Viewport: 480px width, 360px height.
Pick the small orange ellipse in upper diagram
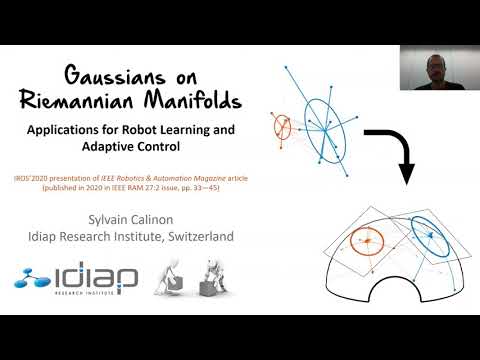[282, 126]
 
